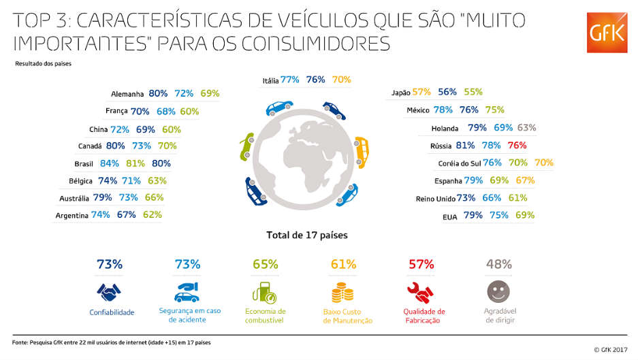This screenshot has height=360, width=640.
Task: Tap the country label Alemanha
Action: pyautogui.click(x=127, y=94)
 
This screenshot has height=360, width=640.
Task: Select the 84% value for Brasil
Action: pyautogui.click(x=110, y=163)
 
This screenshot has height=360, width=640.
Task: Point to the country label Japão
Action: pyautogui.click(x=401, y=93)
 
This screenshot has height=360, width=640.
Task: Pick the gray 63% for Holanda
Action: pyautogui.click(x=526, y=127)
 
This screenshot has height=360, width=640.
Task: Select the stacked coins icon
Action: pyautogui.click(x=342, y=293)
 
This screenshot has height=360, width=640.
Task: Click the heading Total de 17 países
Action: pyautogui.click(x=306, y=235)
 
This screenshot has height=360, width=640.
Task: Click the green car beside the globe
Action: pyautogui.click(x=244, y=146)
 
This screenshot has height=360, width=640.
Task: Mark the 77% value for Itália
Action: pyautogui.click(x=290, y=80)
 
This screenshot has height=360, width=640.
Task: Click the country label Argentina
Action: pyautogui.click(x=72, y=216)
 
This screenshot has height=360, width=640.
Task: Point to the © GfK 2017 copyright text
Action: pyautogui.click(x=610, y=349)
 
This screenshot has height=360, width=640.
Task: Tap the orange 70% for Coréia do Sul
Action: pyautogui.click(x=543, y=163)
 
